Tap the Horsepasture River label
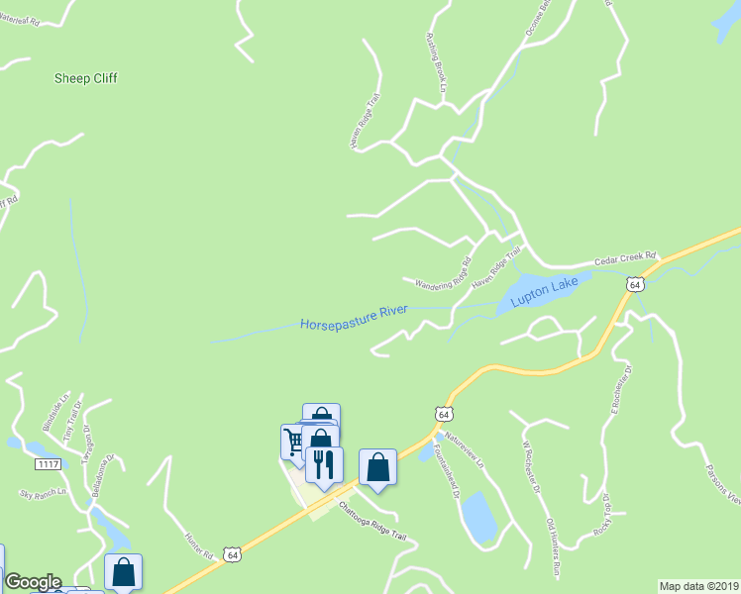(x=354, y=317)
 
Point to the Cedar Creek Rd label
(x=625, y=260)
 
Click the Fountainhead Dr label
(x=442, y=482)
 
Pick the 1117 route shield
(x=47, y=464)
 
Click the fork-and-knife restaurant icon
(x=324, y=462)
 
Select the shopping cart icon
(x=294, y=439)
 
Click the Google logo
(x=32, y=582)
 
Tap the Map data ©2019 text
(x=698, y=586)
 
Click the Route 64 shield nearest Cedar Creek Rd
(x=635, y=284)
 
